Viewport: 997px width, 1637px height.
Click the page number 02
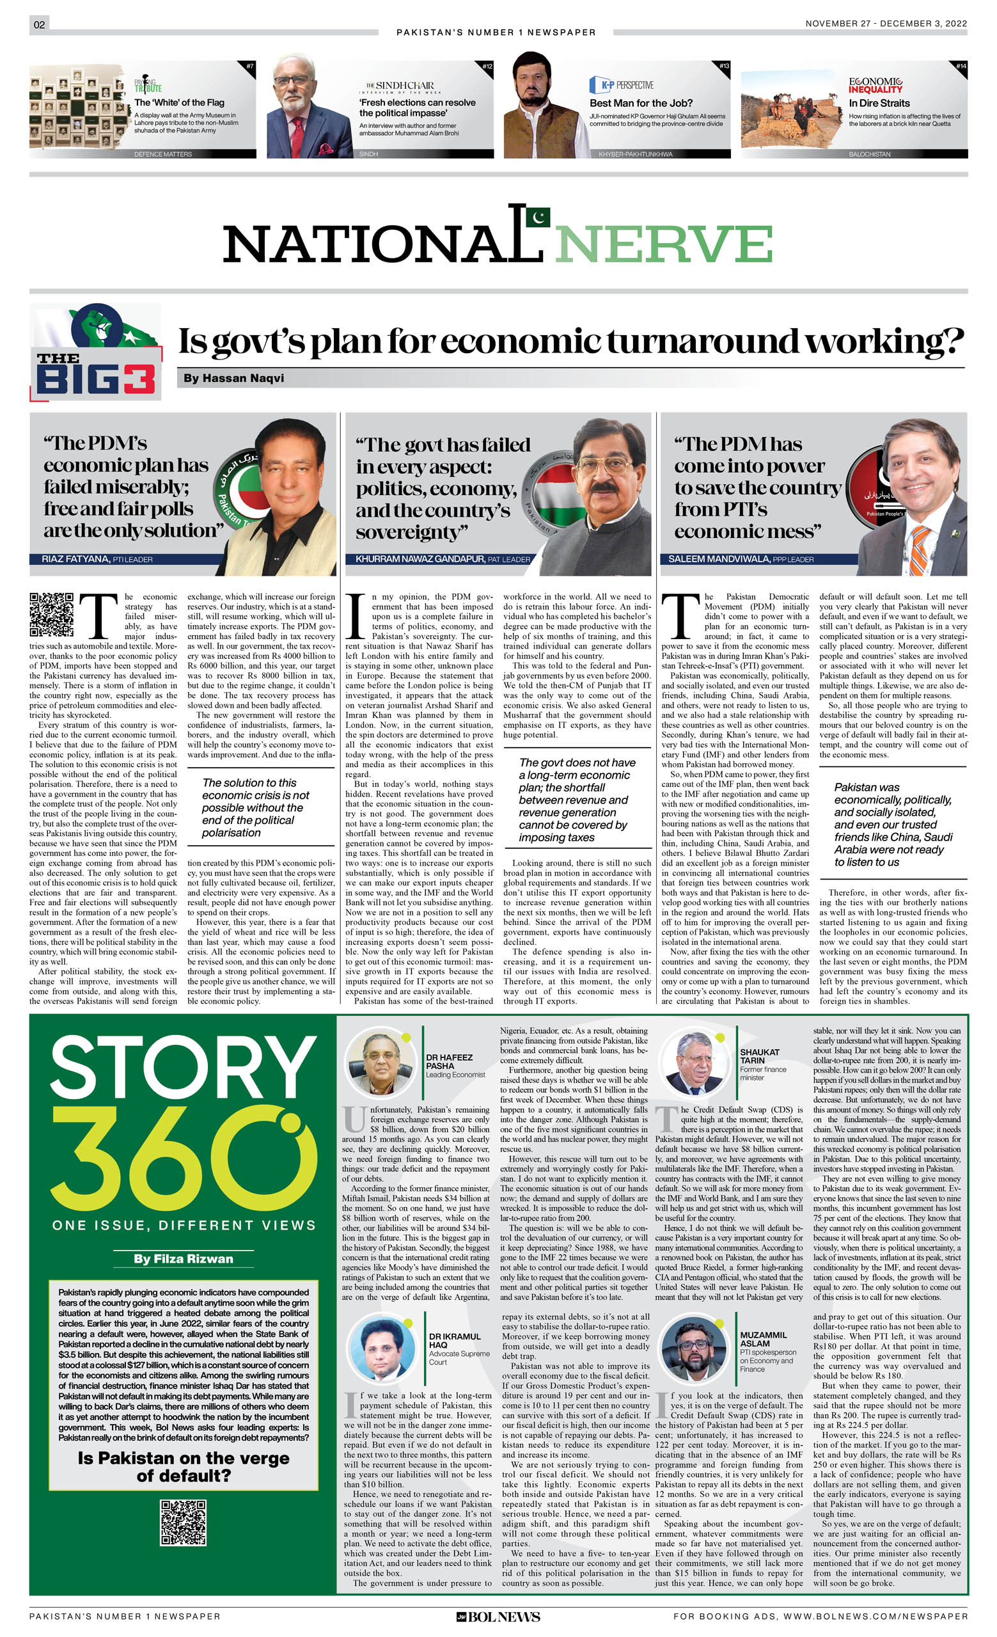(x=39, y=25)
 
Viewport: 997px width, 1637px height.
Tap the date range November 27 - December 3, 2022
(x=886, y=23)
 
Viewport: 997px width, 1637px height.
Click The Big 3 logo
(x=96, y=352)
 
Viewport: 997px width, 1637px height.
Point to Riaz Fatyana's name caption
(x=97, y=559)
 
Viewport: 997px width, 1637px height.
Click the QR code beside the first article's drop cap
(x=51, y=614)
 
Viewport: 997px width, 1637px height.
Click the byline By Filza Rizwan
(x=184, y=1258)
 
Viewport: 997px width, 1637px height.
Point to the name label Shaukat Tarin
(x=760, y=1056)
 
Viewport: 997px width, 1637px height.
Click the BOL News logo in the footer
(x=498, y=1617)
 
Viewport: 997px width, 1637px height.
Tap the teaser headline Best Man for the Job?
(x=640, y=103)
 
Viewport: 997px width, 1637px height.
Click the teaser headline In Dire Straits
(x=879, y=103)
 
